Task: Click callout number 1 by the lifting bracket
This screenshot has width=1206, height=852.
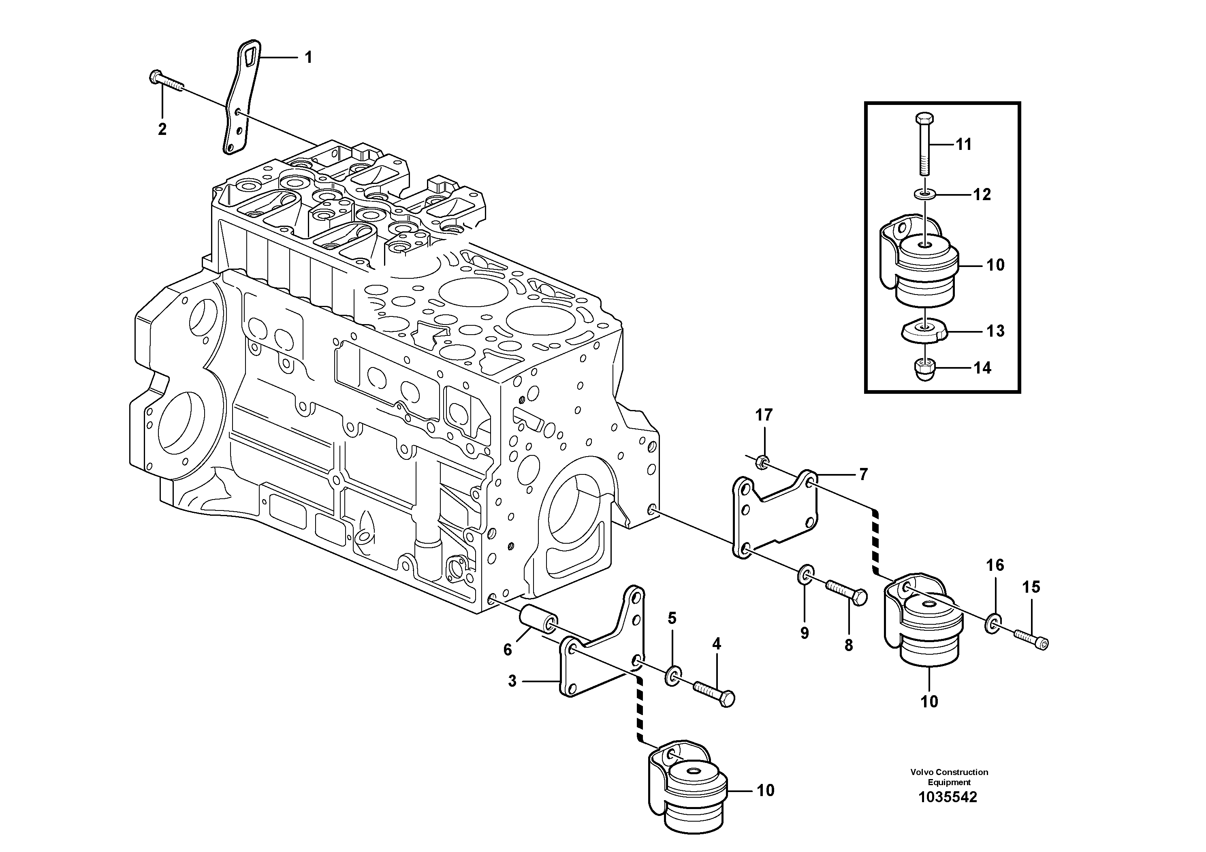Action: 308,57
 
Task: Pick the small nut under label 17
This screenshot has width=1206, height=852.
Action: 761,462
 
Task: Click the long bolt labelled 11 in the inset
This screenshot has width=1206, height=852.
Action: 925,145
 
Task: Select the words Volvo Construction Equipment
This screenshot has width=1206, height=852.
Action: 949,776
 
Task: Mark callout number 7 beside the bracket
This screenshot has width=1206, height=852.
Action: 864,475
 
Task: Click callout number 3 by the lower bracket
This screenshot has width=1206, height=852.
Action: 512,681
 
